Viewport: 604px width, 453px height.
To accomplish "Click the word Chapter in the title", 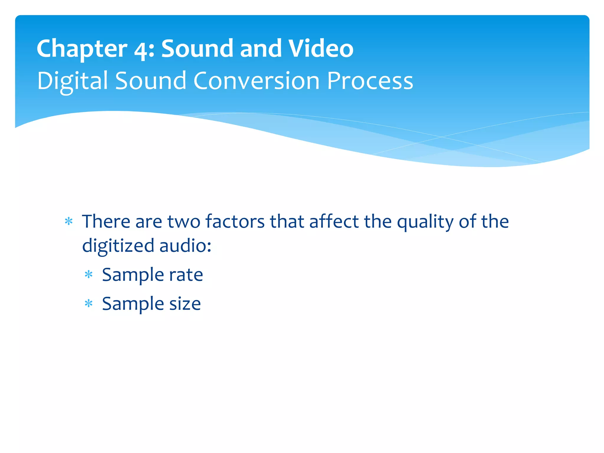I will click(x=82, y=49).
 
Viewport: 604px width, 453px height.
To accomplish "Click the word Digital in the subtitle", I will click(x=73, y=81).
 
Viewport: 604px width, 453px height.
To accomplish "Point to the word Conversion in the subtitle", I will click(x=256, y=81).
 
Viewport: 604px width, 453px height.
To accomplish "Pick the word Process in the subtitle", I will click(x=370, y=81).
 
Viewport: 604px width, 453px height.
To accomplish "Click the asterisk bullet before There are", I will click(x=69, y=221).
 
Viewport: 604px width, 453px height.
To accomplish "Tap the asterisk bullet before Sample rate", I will click(x=88, y=275).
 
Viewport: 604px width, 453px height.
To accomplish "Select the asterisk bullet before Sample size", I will click(x=88, y=304).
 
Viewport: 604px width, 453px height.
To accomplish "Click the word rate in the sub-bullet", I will click(x=186, y=275).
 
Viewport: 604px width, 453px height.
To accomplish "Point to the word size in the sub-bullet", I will click(x=185, y=304).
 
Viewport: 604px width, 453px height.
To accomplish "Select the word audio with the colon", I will click(x=185, y=246).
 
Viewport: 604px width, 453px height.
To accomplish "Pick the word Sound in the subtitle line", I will click(x=150, y=81).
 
